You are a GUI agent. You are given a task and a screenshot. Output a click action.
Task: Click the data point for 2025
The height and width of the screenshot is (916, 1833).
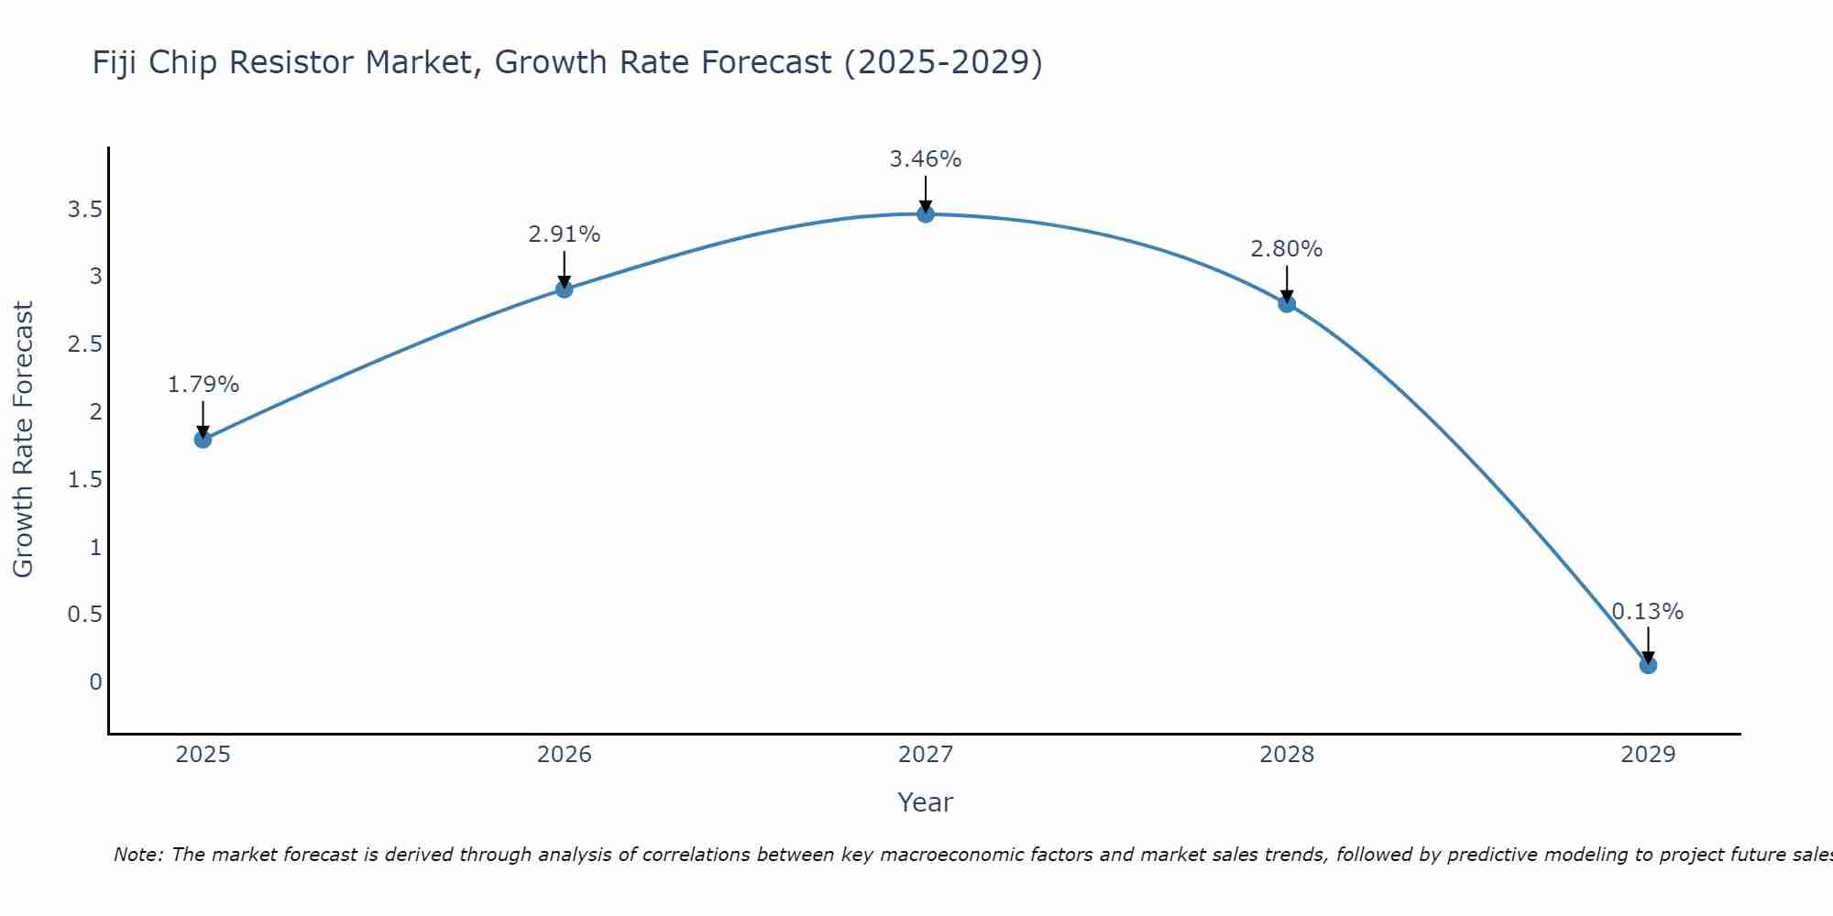point(203,440)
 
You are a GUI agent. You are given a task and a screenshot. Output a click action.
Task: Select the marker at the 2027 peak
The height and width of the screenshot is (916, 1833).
point(926,214)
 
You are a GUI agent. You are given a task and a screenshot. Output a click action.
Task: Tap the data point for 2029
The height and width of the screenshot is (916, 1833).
point(1648,665)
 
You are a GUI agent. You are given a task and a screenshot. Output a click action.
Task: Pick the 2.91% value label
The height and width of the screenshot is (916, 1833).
point(564,234)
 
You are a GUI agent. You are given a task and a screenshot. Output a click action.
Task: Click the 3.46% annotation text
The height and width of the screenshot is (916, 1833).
point(926,159)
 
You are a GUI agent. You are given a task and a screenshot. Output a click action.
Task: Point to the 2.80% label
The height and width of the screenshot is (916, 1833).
point(1287,249)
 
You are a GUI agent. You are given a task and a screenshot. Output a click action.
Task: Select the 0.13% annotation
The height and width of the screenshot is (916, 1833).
point(1648,612)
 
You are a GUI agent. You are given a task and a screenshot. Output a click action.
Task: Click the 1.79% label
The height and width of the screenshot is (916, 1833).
point(203,385)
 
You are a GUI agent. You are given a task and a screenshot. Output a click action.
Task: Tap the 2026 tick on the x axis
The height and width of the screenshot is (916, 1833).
point(564,755)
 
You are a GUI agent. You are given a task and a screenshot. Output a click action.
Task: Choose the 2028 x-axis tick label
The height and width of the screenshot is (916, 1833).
point(1287,755)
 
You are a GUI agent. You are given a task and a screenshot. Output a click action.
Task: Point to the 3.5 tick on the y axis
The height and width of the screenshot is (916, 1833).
point(84,210)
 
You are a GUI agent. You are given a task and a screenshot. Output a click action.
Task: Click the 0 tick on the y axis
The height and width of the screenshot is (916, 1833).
point(95,682)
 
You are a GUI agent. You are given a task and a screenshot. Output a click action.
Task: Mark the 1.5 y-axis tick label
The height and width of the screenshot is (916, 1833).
point(84,480)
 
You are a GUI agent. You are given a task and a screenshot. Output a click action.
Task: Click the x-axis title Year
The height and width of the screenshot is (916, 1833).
point(926,802)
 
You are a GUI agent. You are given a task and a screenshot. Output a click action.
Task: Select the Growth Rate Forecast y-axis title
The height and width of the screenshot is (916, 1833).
point(24,440)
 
